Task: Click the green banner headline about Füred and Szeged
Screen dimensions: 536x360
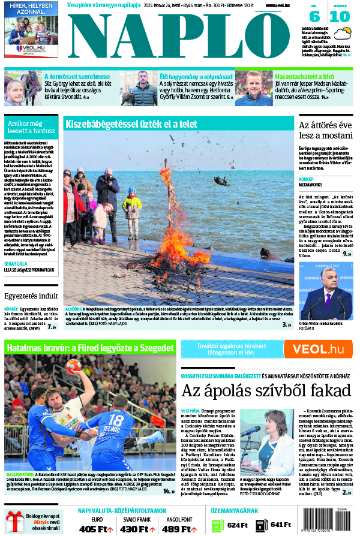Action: click(x=90, y=348)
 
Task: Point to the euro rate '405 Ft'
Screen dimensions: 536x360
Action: click(x=95, y=529)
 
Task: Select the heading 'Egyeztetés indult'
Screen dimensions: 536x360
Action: click(x=31, y=296)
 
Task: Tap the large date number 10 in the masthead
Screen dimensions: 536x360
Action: click(x=340, y=16)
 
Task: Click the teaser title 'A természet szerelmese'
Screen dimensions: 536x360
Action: click(x=77, y=77)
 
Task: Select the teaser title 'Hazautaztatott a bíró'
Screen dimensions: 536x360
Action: click(x=304, y=77)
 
